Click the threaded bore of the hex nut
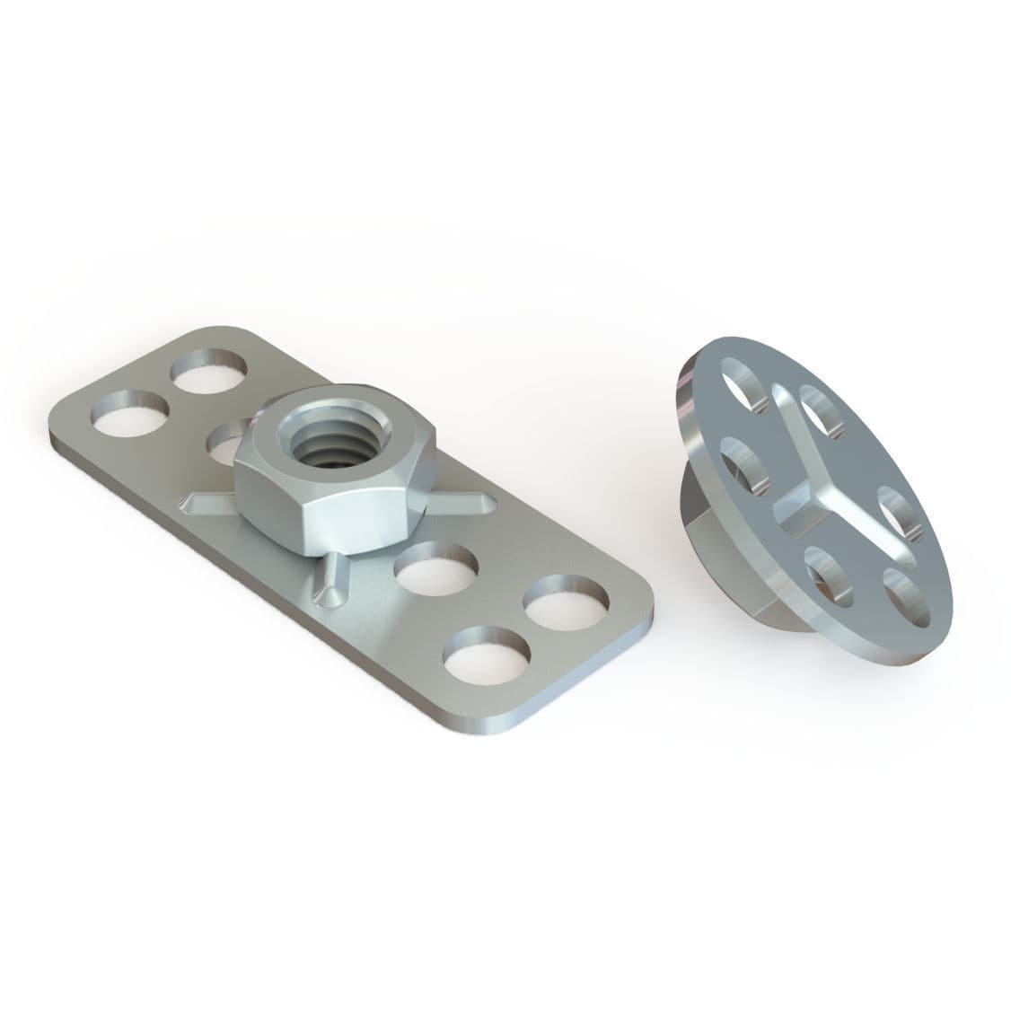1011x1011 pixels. (x=332, y=438)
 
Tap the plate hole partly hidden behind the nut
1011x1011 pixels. (x=226, y=437)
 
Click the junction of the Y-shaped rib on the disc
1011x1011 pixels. (x=799, y=499)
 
